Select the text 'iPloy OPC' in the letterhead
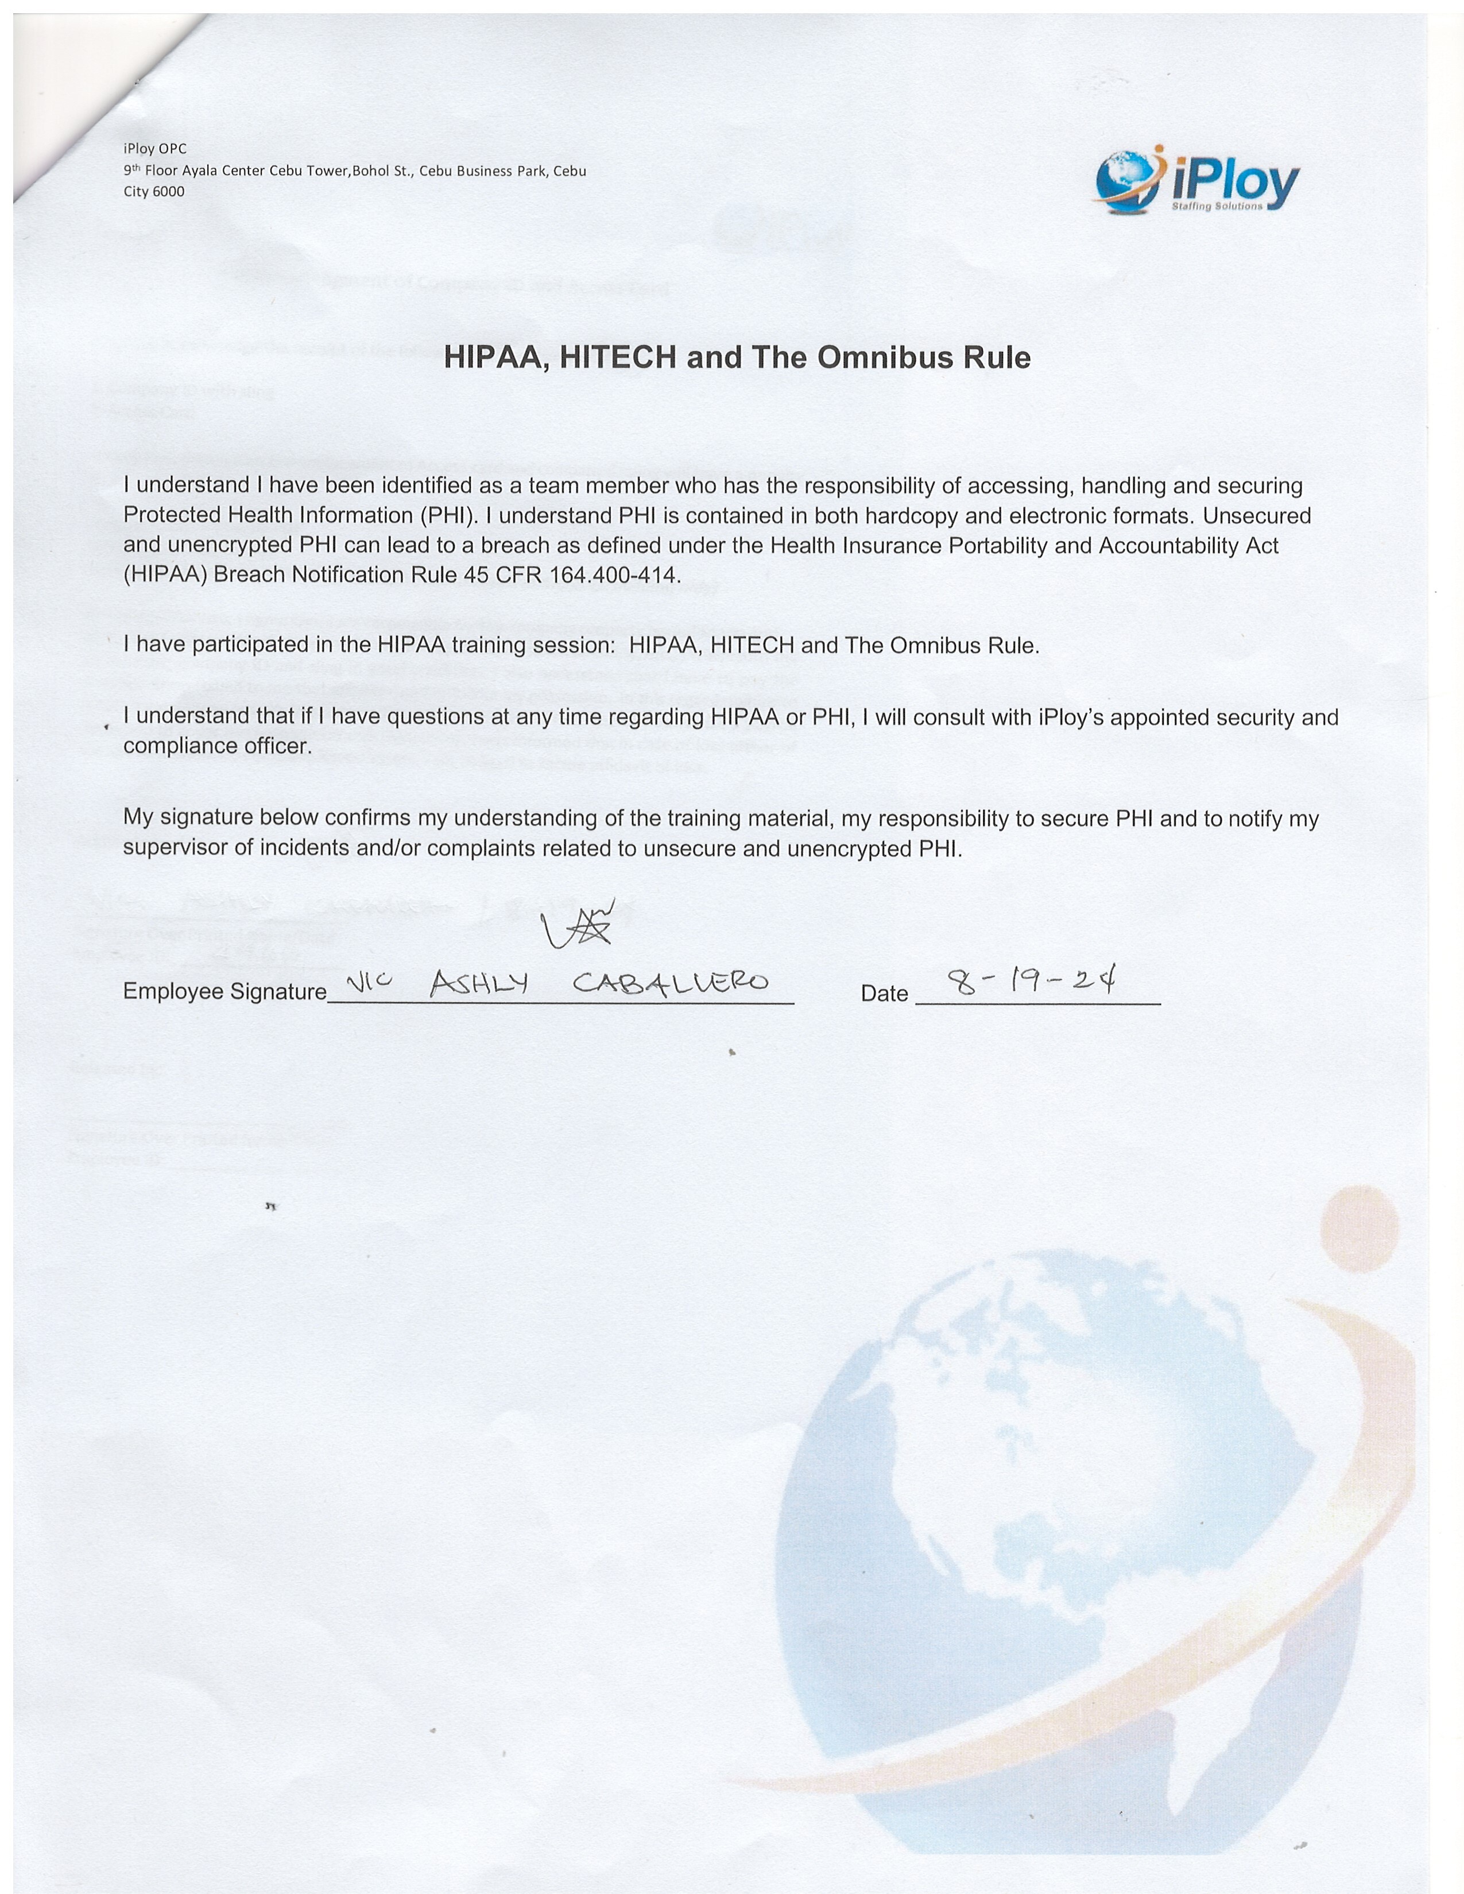coord(154,149)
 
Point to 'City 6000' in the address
coord(153,192)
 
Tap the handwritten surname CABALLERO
coord(671,983)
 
